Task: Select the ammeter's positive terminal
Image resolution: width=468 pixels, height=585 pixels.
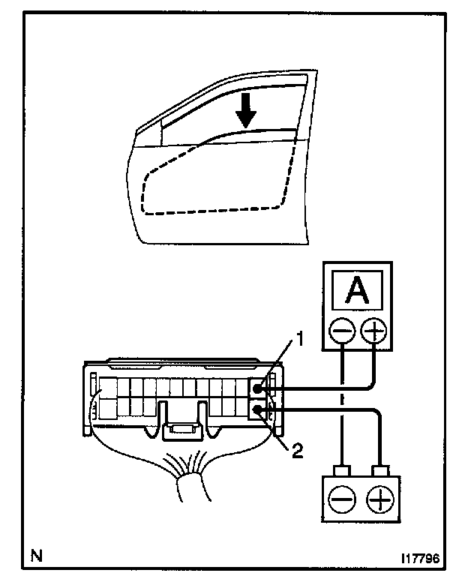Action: pos(373,329)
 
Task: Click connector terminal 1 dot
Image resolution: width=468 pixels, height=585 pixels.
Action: pos(256,388)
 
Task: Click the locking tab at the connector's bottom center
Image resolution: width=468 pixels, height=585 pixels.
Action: pos(180,432)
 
